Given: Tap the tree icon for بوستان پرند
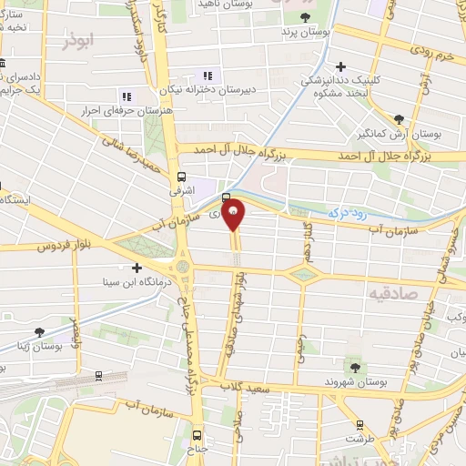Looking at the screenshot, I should (x=305, y=17).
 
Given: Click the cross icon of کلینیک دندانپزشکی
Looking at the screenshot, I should (x=341, y=66).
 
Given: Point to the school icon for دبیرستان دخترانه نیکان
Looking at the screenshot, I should (x=208, y=76).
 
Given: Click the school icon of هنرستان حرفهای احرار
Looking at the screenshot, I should (x=126, y=96).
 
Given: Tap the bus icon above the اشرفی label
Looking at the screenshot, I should (x=182, y=177).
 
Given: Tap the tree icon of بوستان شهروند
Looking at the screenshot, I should (x=354, y=368).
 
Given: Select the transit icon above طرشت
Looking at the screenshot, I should (x=360, y=423).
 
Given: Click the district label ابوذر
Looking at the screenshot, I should (x=80, y=41).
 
